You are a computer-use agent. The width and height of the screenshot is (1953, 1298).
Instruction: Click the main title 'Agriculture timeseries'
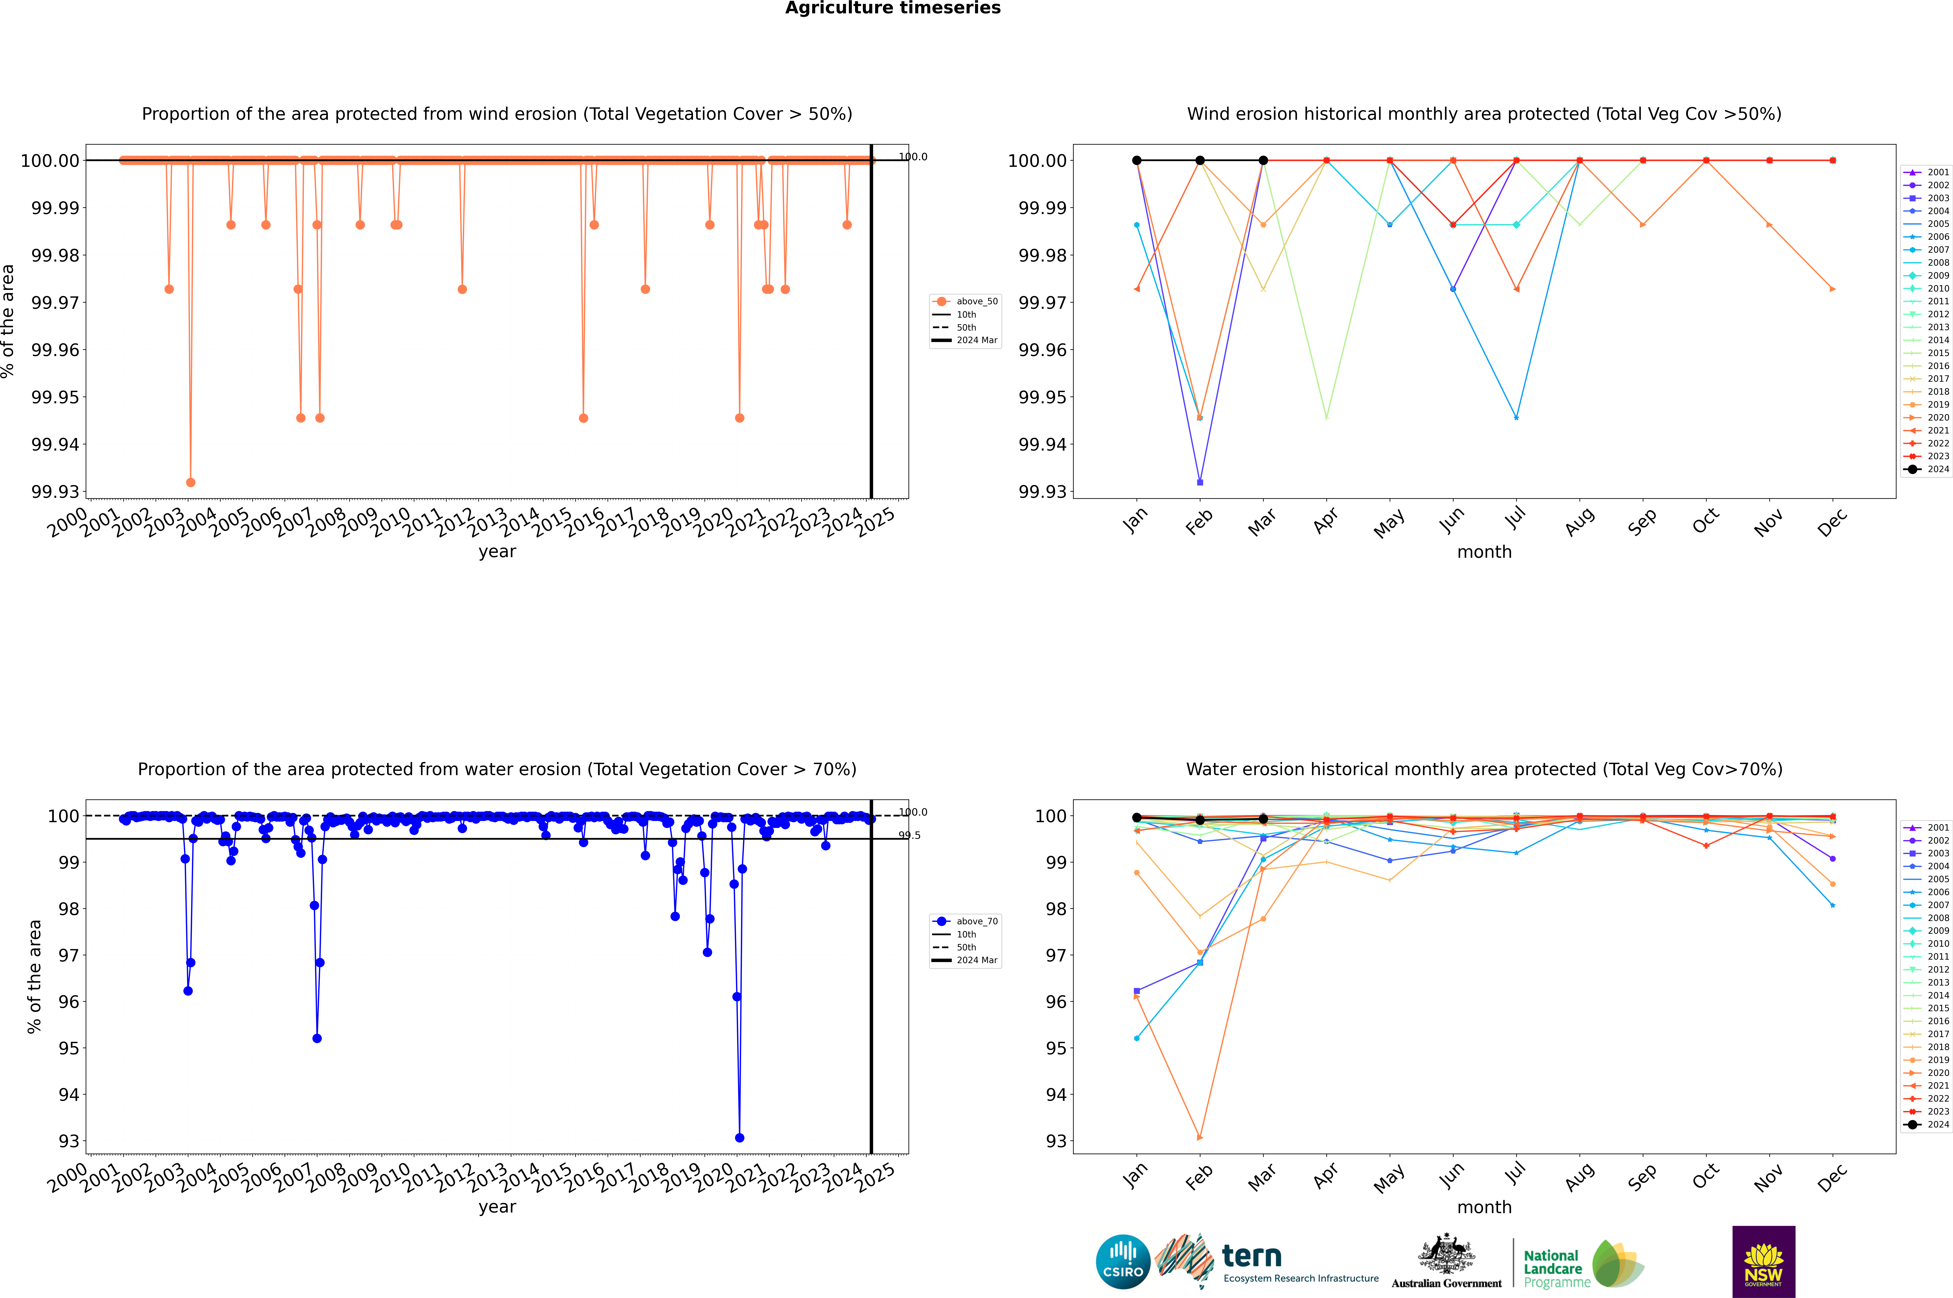click(x=892, y=8)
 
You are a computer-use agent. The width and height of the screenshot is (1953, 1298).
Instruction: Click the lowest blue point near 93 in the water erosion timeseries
click(x=739, y=1137)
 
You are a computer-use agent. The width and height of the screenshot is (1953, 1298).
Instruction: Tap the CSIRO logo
click(x=1123, y=1262)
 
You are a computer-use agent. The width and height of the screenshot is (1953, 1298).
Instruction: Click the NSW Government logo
click(x=1763, y=1262)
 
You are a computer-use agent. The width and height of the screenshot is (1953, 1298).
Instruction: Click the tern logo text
click(x=1252, y=1257)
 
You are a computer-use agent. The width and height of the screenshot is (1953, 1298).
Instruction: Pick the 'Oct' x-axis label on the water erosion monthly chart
click(x=1705, y=1177)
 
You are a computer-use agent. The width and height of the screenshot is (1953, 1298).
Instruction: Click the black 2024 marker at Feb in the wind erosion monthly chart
click(x=1200, y=161)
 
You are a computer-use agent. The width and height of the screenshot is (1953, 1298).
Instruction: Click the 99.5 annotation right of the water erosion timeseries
click(x=910, y=835)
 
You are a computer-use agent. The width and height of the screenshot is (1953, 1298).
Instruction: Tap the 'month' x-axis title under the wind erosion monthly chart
click(x=1484, y=552)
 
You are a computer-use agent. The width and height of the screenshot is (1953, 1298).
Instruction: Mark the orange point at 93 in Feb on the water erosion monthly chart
click(x=1200, y=1137)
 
